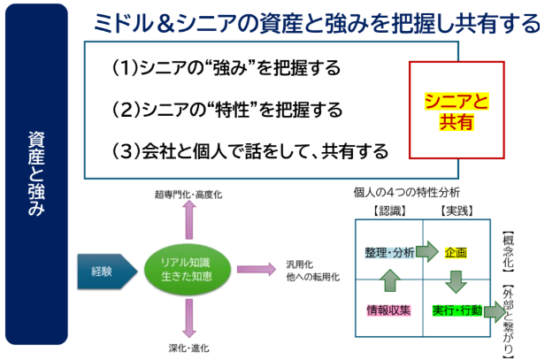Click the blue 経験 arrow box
(107, 272)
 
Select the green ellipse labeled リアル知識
(188, 269)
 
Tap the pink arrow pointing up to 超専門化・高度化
(189, 219)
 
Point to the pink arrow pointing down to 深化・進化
(189, 318)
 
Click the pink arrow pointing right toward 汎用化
(256, 269)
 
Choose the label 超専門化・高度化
(188, 195)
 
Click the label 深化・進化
(188, 349)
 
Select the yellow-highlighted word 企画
(456, 252)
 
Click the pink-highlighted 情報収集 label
(388, 310)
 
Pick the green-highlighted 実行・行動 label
(457, 310)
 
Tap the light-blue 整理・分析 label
(389, 252)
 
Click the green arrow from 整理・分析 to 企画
(426, 251)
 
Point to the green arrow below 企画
(456, 282)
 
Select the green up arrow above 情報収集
(390, 280)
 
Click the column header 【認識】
(389, 211)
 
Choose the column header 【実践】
(456, 211)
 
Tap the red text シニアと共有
(456, 111)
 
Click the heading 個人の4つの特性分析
(407, 193)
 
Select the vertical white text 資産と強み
(36, 174)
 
